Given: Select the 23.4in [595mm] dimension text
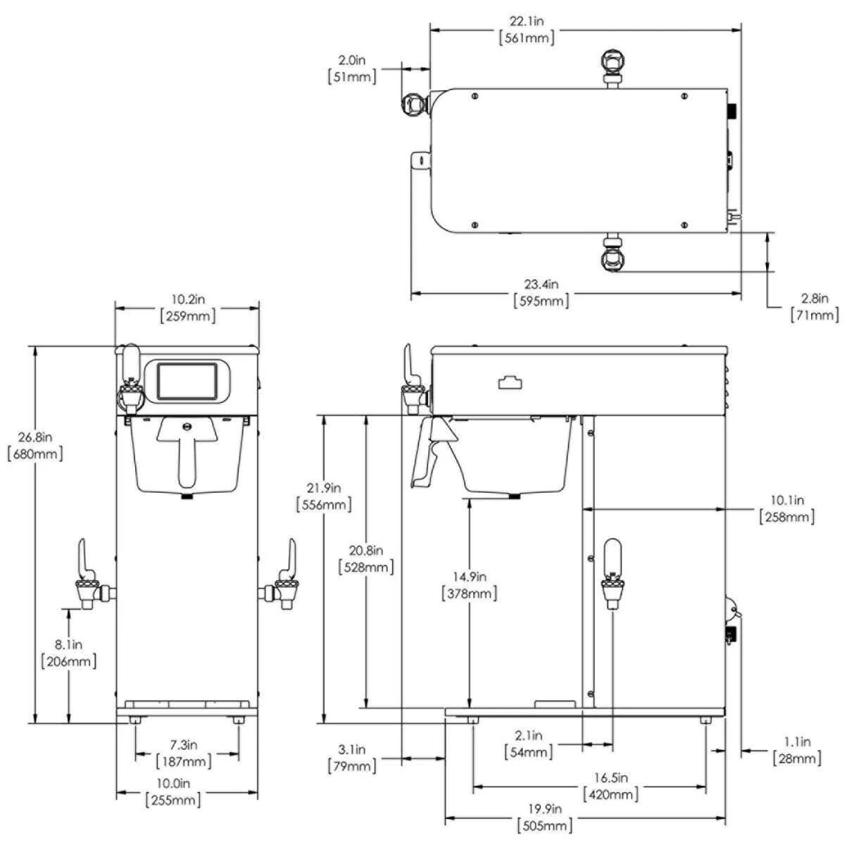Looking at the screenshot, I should (x=540, y=292).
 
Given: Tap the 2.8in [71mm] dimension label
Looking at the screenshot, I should (x=815, y=307).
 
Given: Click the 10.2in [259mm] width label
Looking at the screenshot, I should (x=188, y=308).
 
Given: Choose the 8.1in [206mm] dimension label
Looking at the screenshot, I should (x=69, y=653).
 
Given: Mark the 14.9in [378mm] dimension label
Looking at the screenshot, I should (x=470, y=585).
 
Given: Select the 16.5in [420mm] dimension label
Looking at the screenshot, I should (x=611, y=786).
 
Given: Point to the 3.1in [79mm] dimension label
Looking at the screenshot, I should (x=351, y=758).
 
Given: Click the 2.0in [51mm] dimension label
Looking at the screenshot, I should (x=351, y=68).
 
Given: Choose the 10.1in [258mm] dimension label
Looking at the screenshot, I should (x=787, y=508).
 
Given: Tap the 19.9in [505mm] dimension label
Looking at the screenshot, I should (x=544, y=817).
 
